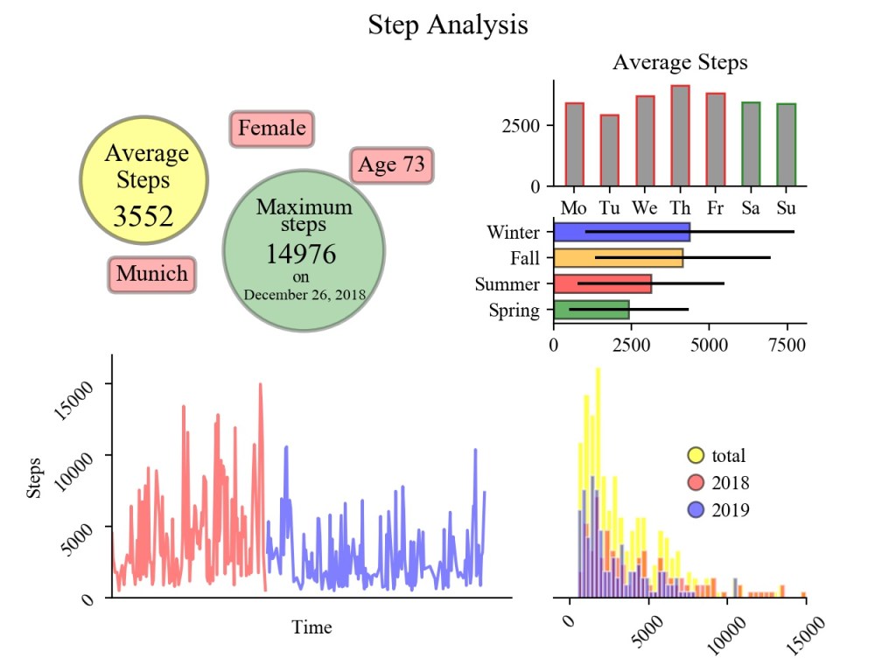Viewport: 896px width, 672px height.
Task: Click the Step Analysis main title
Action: point(447,24)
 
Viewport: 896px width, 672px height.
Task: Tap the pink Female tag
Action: point(272,129)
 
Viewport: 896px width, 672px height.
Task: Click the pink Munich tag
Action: point(152,274)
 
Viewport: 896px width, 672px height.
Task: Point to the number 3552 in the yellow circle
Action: point(144,216)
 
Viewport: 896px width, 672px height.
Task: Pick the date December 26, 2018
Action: point(304,294)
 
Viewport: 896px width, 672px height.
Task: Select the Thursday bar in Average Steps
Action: point(680,136)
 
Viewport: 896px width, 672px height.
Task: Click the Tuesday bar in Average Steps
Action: point(609,150)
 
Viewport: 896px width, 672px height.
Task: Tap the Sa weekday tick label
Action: point(751,209)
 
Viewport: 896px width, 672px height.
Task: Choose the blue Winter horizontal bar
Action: point(621,232)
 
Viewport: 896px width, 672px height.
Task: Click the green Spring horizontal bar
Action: point(591,310)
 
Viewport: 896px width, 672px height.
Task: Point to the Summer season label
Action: point(507,284)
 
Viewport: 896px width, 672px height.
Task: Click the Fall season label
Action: point(525,258)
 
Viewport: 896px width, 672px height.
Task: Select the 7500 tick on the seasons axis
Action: point(784,346)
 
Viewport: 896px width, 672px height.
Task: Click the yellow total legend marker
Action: point(696,455)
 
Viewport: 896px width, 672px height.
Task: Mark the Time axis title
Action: point(311,627)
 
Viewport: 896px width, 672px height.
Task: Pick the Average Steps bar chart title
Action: point(680,63)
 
